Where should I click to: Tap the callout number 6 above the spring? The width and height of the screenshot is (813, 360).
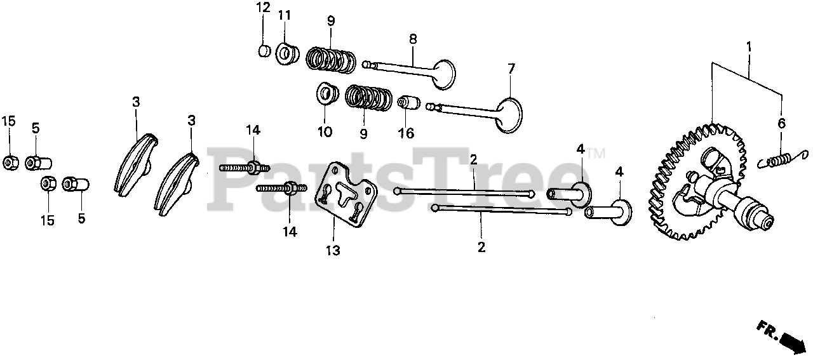click(782, 123)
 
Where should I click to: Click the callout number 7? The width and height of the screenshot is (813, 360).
click(512, 68)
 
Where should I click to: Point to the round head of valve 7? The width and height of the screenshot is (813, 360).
click(511, 115)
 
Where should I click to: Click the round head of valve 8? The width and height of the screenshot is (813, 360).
click(443, 73)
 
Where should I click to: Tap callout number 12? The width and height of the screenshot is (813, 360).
click(263, 8)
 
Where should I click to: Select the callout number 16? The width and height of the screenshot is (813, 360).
click(406, 133)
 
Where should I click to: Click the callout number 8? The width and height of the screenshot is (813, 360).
click(413, 39)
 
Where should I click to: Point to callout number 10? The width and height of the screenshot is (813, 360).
click(324, 132)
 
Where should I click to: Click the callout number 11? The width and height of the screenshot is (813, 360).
click(284, 15)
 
